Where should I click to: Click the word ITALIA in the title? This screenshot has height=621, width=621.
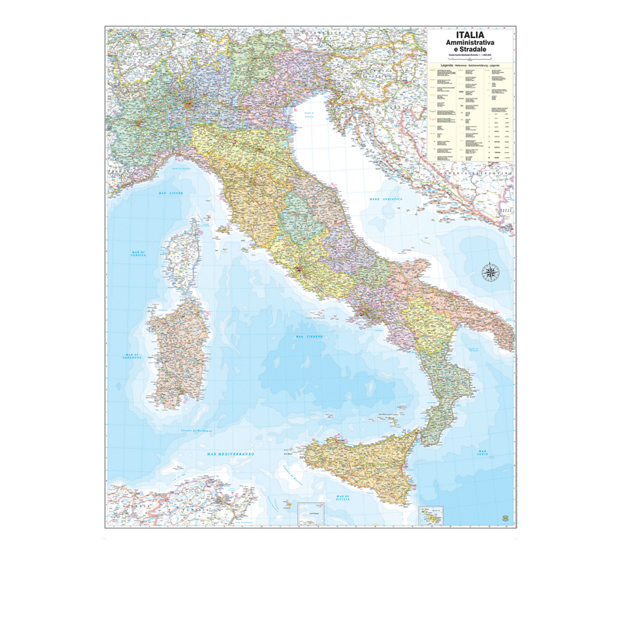(x=471, y=35)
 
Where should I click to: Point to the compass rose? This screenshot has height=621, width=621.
(x=491, y=272)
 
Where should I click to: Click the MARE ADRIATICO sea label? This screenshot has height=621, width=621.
(x=386, y=200)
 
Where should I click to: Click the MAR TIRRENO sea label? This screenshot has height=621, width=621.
(x=310, y=336)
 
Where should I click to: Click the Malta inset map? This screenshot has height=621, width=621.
(x=429, y=515)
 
